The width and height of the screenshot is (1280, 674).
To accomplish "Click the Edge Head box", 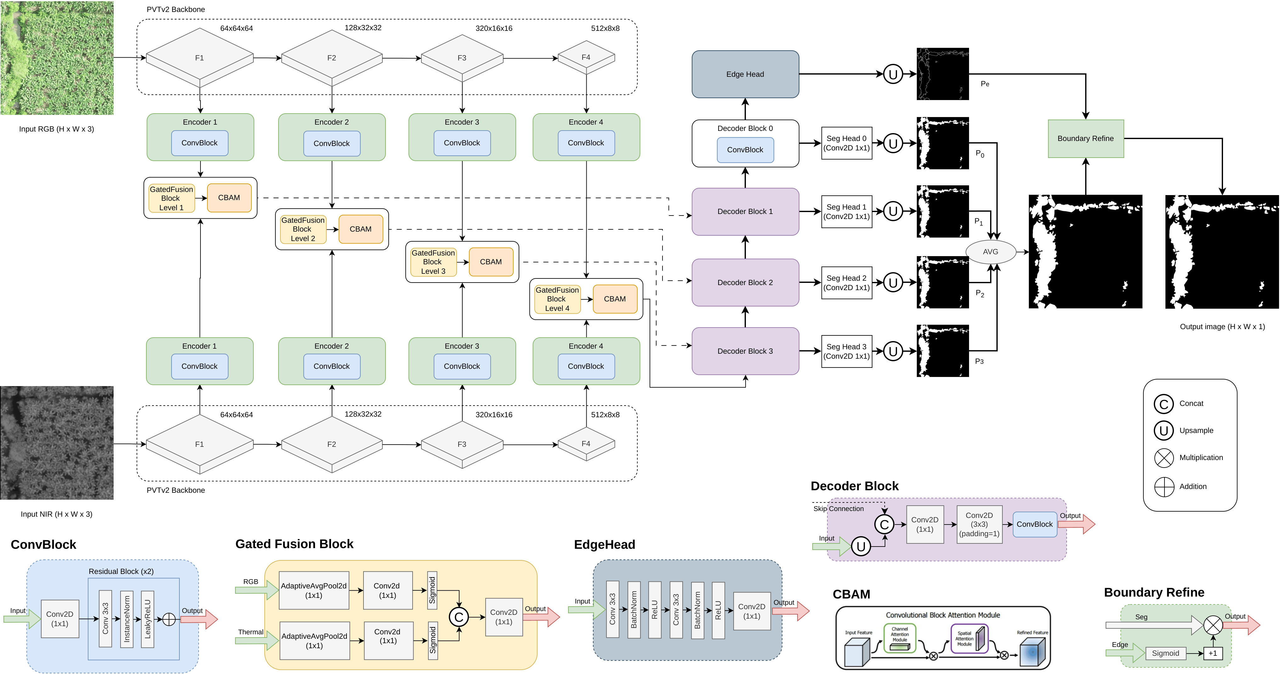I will (745, 74).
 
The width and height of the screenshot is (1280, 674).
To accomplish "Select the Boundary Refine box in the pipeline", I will (1085, 138).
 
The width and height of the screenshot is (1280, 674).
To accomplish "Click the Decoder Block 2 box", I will (745, 283).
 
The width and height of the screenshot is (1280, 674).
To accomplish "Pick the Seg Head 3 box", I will (846, 351).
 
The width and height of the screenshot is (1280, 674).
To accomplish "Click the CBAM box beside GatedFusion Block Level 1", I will (229, 198).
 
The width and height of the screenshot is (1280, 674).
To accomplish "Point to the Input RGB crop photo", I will (57, 58).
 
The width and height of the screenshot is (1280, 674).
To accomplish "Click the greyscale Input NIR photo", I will (57, 442).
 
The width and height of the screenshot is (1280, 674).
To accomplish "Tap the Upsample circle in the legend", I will (1163, 431).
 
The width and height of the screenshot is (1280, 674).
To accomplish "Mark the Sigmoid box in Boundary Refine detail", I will (1165, 653).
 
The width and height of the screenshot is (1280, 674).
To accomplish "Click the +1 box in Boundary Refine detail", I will (1212, 653).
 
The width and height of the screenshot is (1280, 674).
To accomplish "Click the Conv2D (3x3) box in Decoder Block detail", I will (979, 525).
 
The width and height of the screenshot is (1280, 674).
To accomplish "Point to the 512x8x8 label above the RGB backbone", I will (605, 28).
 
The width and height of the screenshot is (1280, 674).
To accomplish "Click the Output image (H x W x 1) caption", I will (1222, 327).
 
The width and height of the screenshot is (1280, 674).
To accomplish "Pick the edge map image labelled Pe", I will (942, 74).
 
